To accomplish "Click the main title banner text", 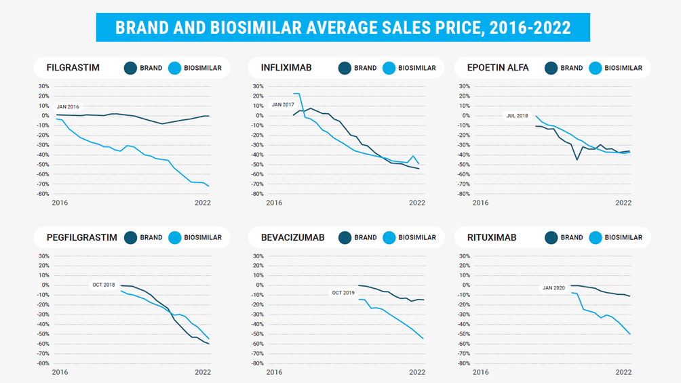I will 343,28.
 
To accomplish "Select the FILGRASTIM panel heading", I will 73,68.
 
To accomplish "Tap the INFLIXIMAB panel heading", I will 286,68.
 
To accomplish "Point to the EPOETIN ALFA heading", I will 498,68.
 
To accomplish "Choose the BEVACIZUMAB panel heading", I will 293,238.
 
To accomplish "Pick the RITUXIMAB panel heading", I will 492,238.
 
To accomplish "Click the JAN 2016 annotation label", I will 68,107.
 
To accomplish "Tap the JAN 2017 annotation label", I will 283,104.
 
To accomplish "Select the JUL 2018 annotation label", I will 517,116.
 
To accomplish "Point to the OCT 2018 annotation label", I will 104,285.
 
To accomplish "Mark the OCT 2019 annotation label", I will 343,293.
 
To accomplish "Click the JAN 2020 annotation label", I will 553,288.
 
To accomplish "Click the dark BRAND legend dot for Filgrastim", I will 130,68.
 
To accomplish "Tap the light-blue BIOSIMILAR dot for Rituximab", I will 596,238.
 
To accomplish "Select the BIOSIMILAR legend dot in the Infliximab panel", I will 389,68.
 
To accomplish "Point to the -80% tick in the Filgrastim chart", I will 43,194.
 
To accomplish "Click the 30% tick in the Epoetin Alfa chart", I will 465,86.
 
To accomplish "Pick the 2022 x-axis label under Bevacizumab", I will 416,372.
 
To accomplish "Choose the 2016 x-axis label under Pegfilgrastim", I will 60,372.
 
